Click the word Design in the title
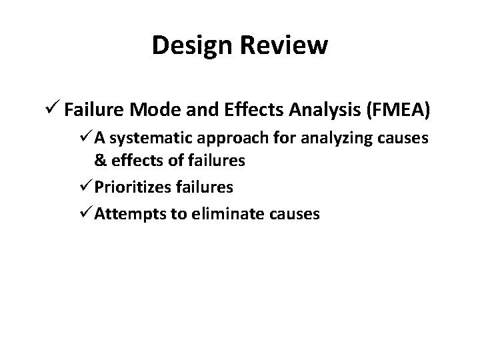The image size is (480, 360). (191, 45)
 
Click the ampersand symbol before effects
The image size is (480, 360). (99, 160)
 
